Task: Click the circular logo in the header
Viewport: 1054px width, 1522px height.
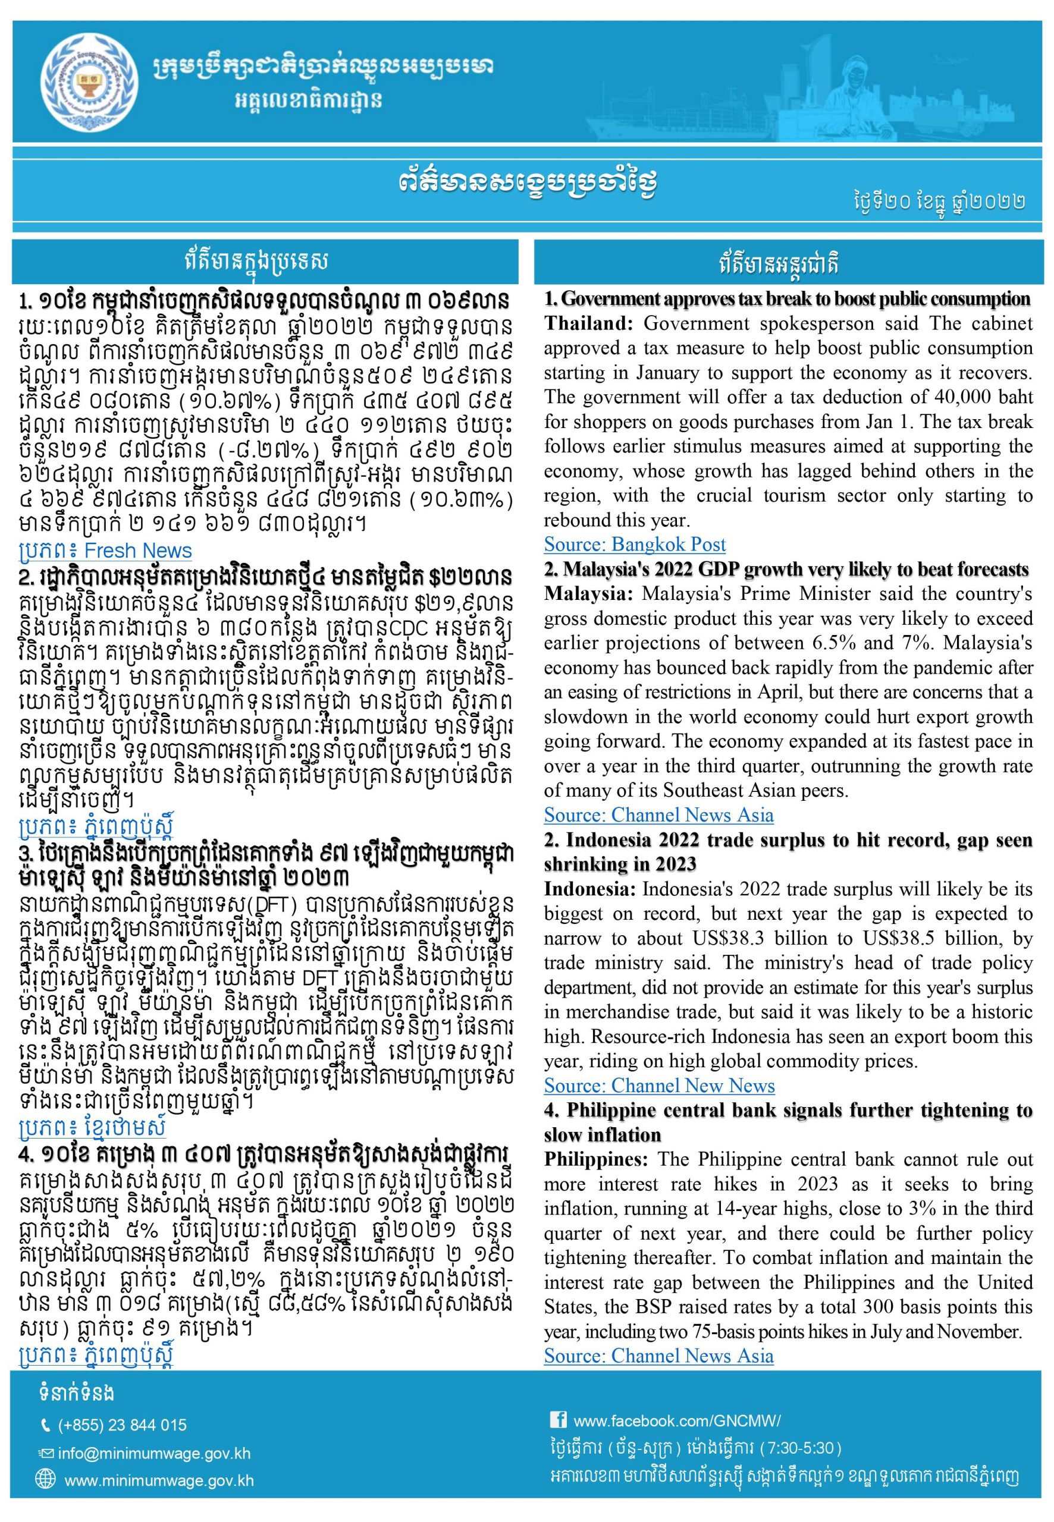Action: (90, 81)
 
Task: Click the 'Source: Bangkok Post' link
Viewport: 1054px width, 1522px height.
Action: (634, 545)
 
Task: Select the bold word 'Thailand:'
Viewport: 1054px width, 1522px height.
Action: (589, 323)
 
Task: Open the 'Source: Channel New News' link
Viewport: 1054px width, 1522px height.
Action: (658, 1086)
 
